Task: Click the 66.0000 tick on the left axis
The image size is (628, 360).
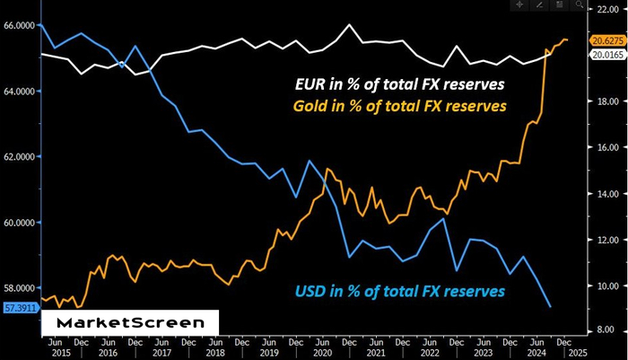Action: point(19,25)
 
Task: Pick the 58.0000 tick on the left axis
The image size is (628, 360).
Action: point(19,288)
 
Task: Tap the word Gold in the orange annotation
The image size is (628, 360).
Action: point(311,106)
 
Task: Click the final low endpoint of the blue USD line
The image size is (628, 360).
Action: point(550,307)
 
